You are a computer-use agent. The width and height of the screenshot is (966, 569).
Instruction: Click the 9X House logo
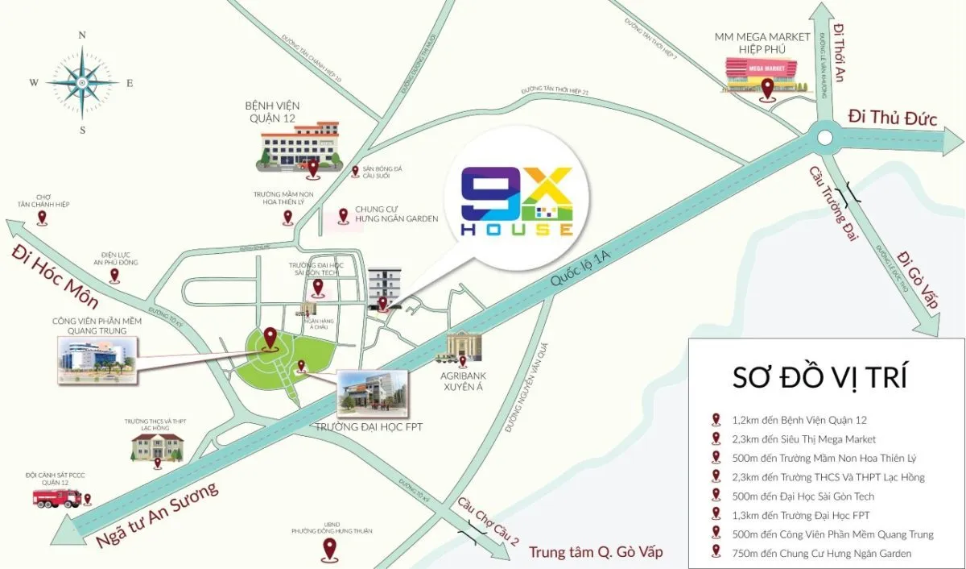pos(518,202)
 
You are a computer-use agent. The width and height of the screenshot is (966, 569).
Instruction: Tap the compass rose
pos(82,82)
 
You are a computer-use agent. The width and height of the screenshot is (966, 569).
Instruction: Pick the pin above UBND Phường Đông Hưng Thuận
pos(329,550)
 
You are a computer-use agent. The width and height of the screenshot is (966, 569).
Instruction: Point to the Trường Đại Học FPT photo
pos(373,392)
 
